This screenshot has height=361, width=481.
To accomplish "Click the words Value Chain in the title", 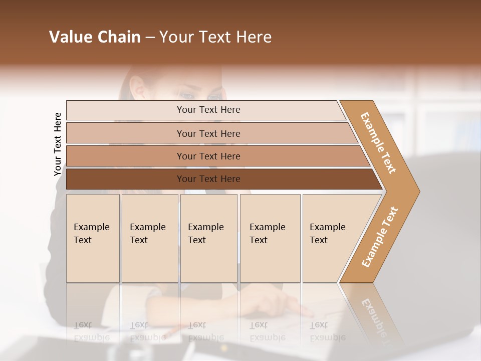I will pos(95,37).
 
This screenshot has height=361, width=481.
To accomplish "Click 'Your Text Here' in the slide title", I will pos(215,37).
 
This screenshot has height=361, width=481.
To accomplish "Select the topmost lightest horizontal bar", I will pos(125,110).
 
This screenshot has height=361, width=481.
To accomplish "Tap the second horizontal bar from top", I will pos(125,133).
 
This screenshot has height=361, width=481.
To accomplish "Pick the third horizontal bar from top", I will pos(125,156).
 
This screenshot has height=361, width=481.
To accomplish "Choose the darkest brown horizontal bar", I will pos(125,179).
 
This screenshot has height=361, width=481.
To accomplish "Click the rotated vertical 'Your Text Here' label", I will pos(58,144).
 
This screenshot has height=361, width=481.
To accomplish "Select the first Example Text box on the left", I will pos(93,238).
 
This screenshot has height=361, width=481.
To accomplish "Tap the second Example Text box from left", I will pos(149,238).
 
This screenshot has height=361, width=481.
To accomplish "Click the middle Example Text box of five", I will pos(208,238).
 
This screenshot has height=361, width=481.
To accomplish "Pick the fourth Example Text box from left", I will pos(270,238).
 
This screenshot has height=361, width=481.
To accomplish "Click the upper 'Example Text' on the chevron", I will pos(378,143).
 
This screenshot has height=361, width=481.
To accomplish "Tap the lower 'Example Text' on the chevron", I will pos(380,237).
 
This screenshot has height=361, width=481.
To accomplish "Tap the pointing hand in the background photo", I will pos(291,303).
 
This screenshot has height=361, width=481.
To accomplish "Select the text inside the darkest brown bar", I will pos(208,179).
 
